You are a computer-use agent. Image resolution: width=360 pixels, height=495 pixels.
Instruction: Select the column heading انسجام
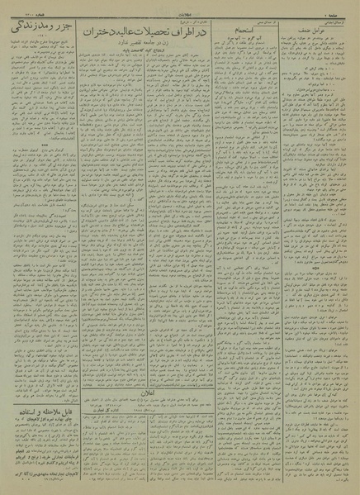click(242, 36)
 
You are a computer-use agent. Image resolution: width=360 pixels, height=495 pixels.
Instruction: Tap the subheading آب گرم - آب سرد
click(246, 46)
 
